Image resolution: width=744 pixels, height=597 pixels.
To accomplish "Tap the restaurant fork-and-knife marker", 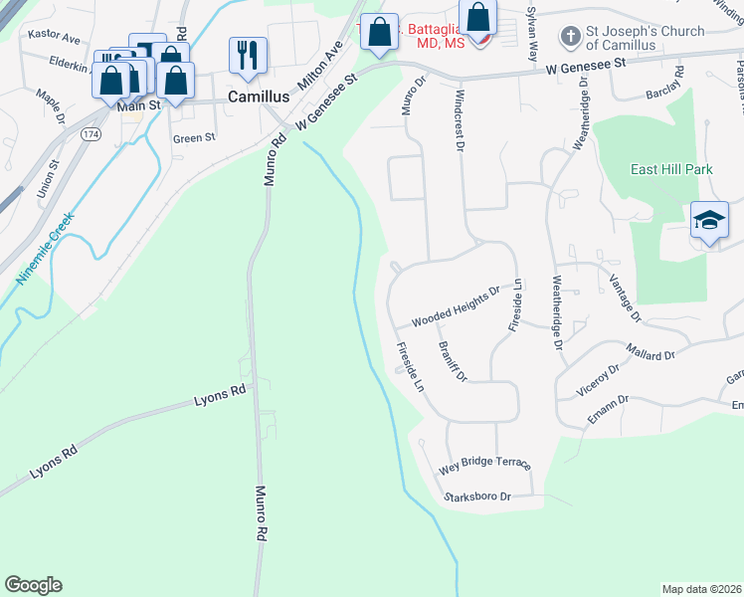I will click(x=247, y=55).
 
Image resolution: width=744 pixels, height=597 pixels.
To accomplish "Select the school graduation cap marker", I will click(x=708, y=220).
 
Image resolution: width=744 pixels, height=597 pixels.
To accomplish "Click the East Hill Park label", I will click(x=671, y=169).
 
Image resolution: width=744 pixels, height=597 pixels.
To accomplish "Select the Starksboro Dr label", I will click(x=477, y=496).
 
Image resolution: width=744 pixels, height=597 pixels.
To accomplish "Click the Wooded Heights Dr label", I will click(x=455, y=308).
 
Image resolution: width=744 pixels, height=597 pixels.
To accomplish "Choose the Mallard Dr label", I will click(x=651, y=351).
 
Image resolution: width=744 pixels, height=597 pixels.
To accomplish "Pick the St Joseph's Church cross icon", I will click(x=570, y=38).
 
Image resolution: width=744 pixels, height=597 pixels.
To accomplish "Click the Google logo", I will click(x=33, y=585).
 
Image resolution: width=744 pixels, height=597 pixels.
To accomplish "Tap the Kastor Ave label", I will click(x=55, y=38).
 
